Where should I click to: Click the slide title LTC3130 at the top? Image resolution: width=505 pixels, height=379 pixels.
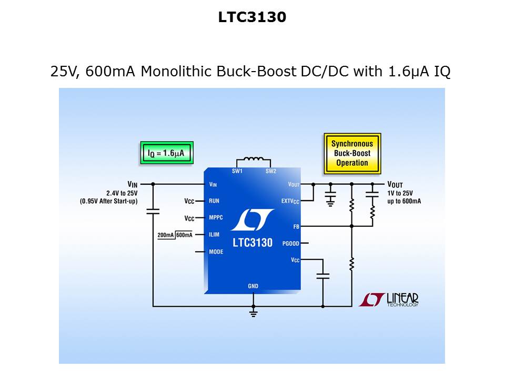tap(252, 17)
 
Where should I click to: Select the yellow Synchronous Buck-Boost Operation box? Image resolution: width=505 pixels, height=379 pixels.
tap(352, 153)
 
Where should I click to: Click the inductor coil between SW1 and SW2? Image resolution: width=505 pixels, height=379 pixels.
tap(253, 160)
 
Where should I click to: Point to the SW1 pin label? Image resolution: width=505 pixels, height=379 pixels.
tap(237, 172)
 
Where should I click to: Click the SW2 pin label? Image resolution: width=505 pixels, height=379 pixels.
tap(270, 172)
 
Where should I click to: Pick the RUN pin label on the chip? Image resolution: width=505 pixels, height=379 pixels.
tap(214, 201)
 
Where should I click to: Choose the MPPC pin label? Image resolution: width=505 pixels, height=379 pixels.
tap(216, 218)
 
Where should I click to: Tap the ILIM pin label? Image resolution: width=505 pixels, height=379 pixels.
tap(215, 235)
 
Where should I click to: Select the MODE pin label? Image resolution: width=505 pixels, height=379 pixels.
tap(216, 252)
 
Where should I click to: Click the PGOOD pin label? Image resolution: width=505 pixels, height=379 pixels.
tap(290, 243)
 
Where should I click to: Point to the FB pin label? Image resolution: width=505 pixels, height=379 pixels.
tap(296, 226)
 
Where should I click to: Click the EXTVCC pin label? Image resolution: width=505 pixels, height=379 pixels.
tap(290, 202)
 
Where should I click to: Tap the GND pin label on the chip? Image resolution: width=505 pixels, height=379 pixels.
tap(253, 286)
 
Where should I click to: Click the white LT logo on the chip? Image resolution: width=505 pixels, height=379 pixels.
tap(252, 220)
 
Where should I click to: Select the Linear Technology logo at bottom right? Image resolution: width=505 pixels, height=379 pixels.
tap(389, 300)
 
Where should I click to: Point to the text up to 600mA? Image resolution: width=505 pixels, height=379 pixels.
tap(404, 201)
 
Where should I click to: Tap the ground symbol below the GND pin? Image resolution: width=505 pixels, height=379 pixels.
tap(253, 314)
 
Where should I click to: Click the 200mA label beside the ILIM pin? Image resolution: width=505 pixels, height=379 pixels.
tap(166, 235)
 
